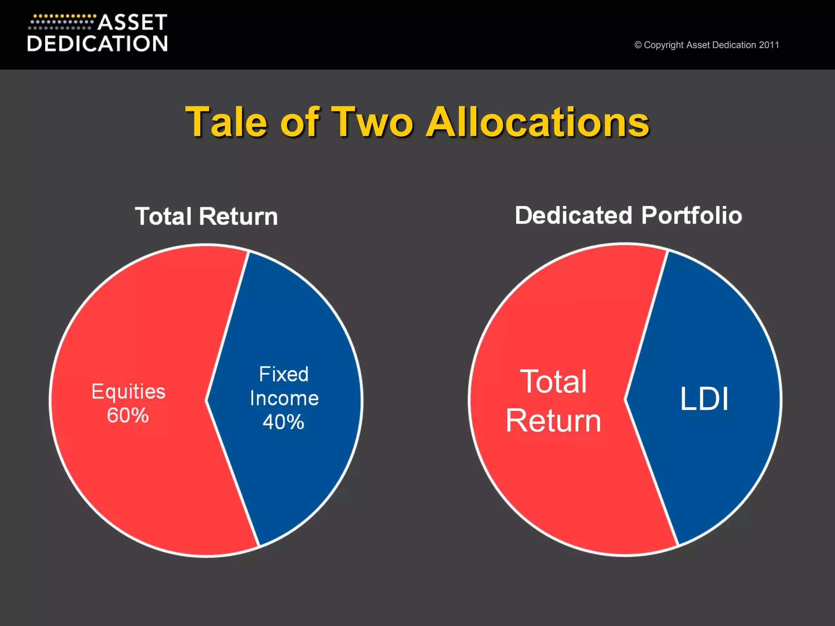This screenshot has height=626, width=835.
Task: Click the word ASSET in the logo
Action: (133, 23)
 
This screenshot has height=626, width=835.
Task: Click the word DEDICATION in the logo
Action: (97, 44)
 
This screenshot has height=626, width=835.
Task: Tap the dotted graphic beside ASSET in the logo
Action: (62, 22)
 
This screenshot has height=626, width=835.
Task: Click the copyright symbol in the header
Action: (638, 45)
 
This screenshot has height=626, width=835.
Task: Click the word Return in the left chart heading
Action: (238, 216)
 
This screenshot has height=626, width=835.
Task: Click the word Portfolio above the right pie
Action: (691, 215)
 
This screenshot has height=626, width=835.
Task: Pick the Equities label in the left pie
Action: (128, 392)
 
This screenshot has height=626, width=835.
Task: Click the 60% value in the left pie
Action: (128, 416)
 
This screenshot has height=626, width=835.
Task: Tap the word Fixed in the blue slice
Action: (284, 374)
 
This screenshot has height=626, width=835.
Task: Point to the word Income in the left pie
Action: (284, 398)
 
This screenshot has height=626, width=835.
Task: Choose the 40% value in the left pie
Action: (284, 422)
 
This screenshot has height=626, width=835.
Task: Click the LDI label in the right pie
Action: (704, 399)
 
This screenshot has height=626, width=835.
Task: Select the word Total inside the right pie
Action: (553, 382)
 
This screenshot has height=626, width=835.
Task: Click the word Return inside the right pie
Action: (553, 421)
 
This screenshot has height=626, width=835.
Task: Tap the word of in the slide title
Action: (300, 122)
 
